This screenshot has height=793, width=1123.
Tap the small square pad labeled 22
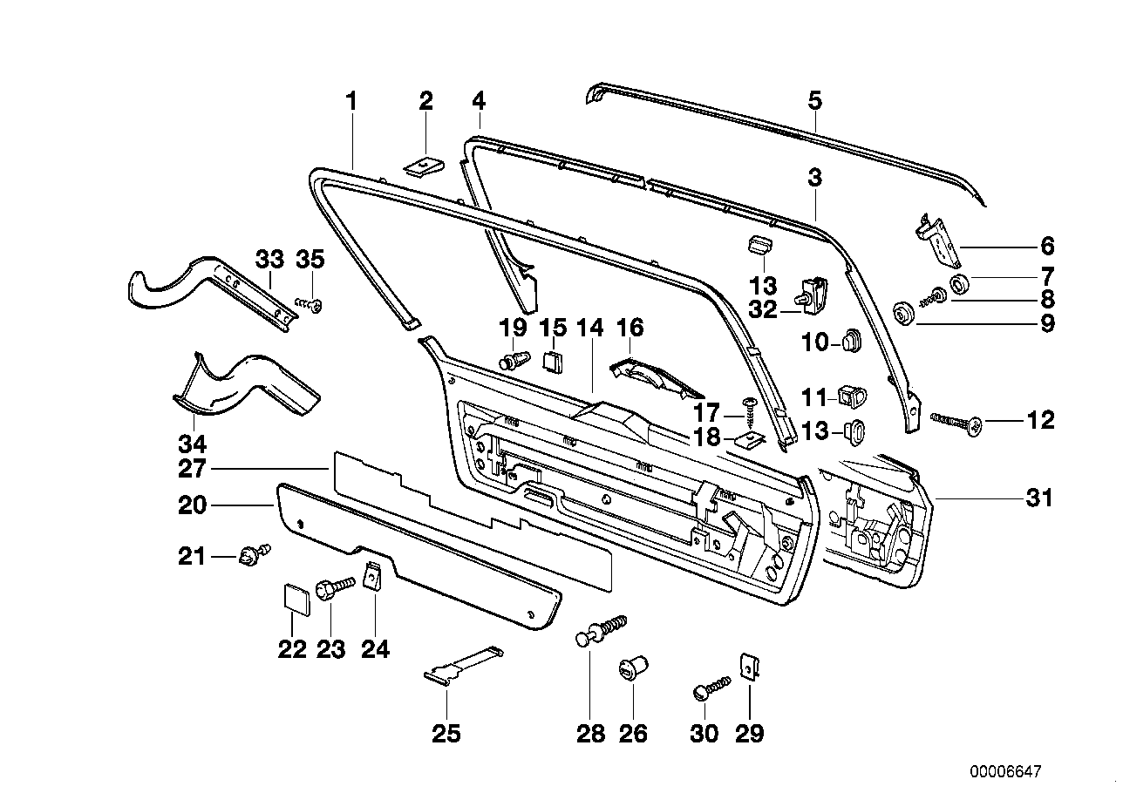coord(296,599)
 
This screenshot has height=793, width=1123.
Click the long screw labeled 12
coord(959,423)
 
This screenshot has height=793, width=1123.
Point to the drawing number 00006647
coord(1004,772)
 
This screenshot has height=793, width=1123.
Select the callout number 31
coord(1039,498)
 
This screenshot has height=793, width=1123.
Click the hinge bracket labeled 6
coord(938,241)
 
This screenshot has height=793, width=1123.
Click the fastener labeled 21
coord(251,553)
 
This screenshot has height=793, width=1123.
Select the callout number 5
coord(814,100)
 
